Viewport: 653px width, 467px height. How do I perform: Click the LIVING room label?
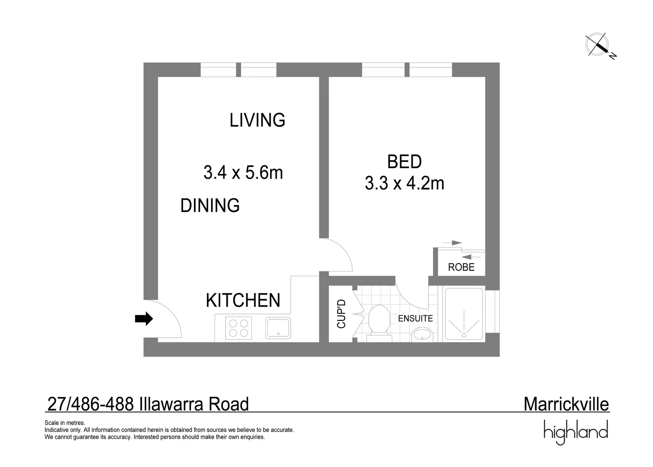tap(257, 120)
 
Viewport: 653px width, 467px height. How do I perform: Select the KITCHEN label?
tap(243, 300)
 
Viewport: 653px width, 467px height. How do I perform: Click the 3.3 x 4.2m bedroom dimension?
tap(404, 183)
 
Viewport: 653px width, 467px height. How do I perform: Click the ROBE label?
tap(461, 267)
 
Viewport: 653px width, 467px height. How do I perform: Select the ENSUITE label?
tap(415, 318)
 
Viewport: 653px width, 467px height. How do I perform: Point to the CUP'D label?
tap(341, 314)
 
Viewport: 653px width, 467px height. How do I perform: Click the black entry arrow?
tap(144, 319)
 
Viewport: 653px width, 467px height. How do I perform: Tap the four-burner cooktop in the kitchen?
tap(238, 328)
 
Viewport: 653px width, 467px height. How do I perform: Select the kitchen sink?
tap(278, 328)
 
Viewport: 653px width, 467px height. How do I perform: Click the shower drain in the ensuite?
tap(464, 335)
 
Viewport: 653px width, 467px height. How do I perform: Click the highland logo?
tap(576, 432)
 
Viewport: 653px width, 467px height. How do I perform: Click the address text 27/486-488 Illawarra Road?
tap(148, 404)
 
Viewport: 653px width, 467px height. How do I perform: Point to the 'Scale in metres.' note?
tap(65, 423)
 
